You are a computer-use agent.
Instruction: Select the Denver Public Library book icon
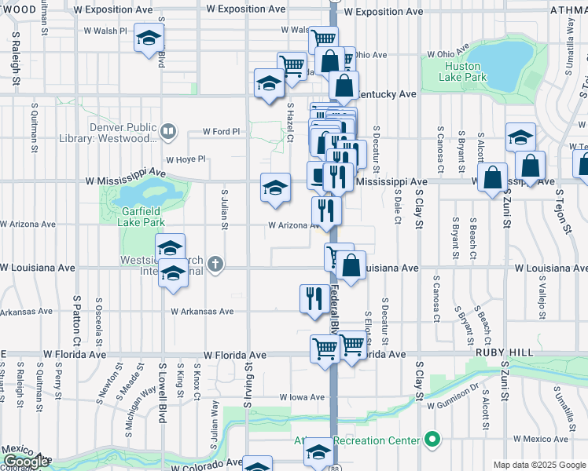[167, 130]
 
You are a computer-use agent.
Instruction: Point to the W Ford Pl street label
[221, 131]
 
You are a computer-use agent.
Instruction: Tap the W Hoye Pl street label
[186, 159]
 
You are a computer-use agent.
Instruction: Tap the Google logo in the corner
[26, 462]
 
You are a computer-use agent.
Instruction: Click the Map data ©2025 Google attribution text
[539, 465]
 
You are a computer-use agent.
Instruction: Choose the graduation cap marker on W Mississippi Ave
[274, 188]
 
